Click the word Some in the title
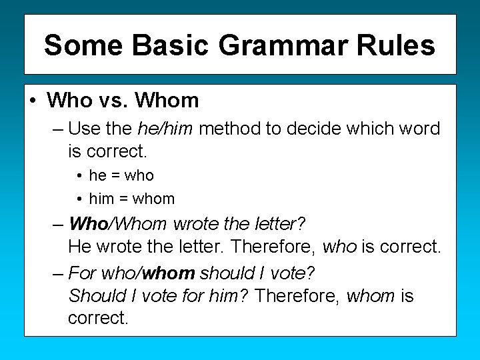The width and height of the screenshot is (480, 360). tap(83, 45)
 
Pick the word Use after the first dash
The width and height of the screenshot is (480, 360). tap(83, 128)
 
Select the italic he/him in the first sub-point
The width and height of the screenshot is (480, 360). tap(165, 128)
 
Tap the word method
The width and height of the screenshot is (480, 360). tap(229, 128)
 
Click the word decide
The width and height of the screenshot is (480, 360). tap(321, 128)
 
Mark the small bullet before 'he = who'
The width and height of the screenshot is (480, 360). tap(79, 176)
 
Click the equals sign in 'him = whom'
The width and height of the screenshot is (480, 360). tap(123, 199)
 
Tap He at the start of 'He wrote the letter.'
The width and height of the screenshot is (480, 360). tap(79, 247)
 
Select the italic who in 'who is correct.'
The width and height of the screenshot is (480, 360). tap(339, 247)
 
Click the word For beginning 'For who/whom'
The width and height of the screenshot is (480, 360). tap(82, 273)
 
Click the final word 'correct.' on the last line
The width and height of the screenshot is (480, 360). tap(97, 318)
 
